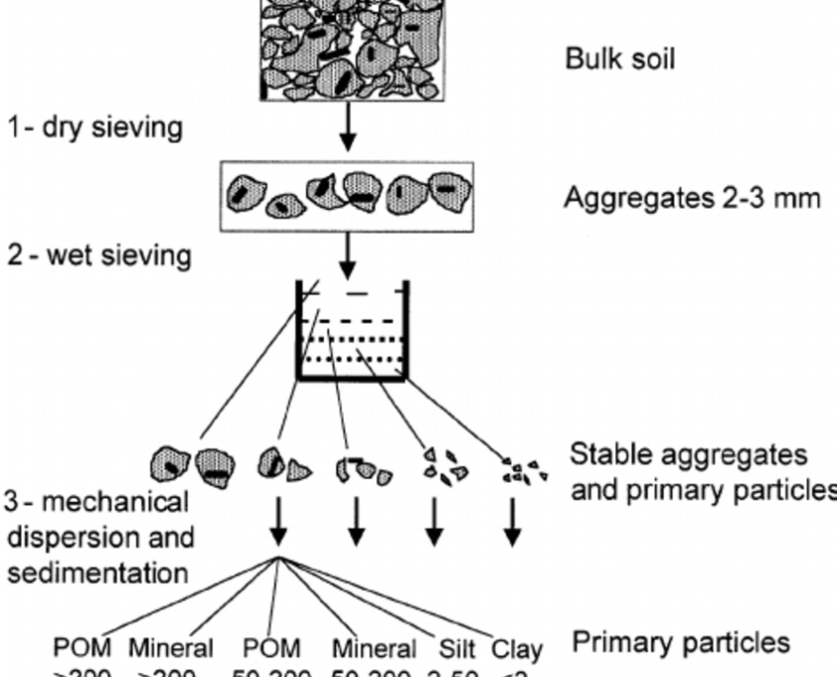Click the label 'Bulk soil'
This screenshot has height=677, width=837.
click(x=619, y=59)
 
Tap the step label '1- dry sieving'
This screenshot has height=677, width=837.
click(x=95, y=128)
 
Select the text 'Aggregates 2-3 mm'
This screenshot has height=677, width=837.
click(x=692, y=199)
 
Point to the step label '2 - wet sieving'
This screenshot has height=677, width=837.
click(x=98, y=255)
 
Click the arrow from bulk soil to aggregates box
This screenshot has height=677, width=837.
click(x=347, y=126)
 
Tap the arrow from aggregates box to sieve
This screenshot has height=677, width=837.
click(x=347, y=254)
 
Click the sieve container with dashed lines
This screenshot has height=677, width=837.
click(x=353, y=331)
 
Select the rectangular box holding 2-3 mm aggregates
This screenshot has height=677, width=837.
click(x=347, y=192)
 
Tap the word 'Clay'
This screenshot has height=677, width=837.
click(x=517, y=650)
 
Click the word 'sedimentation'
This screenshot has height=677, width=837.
click(x=96, y=572)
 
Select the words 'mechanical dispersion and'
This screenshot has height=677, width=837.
click(x=97, y=520)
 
